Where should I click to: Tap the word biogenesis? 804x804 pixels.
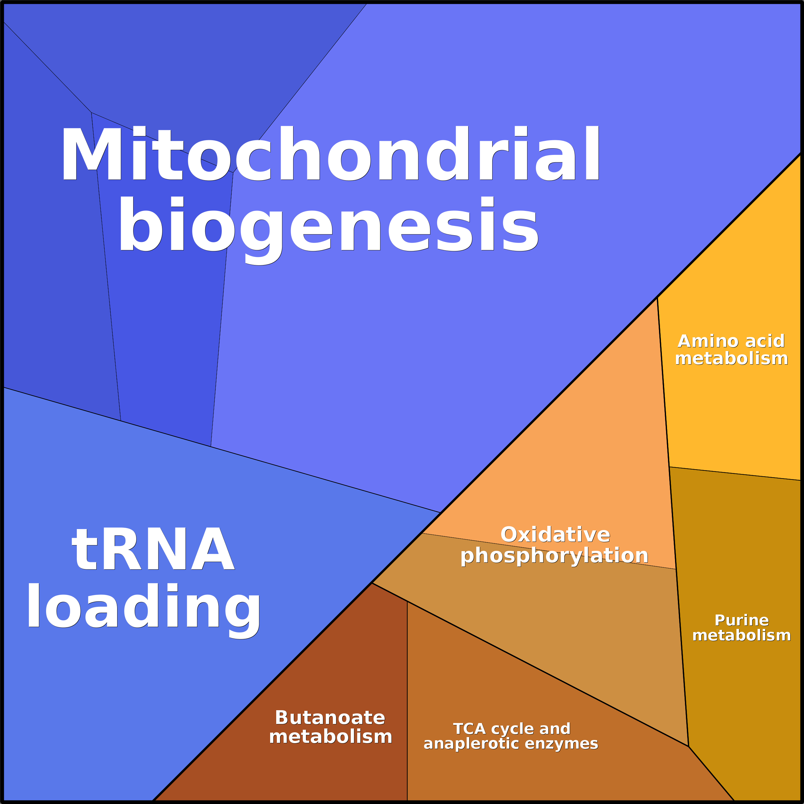329,225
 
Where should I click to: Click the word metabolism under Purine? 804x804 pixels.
742,635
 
